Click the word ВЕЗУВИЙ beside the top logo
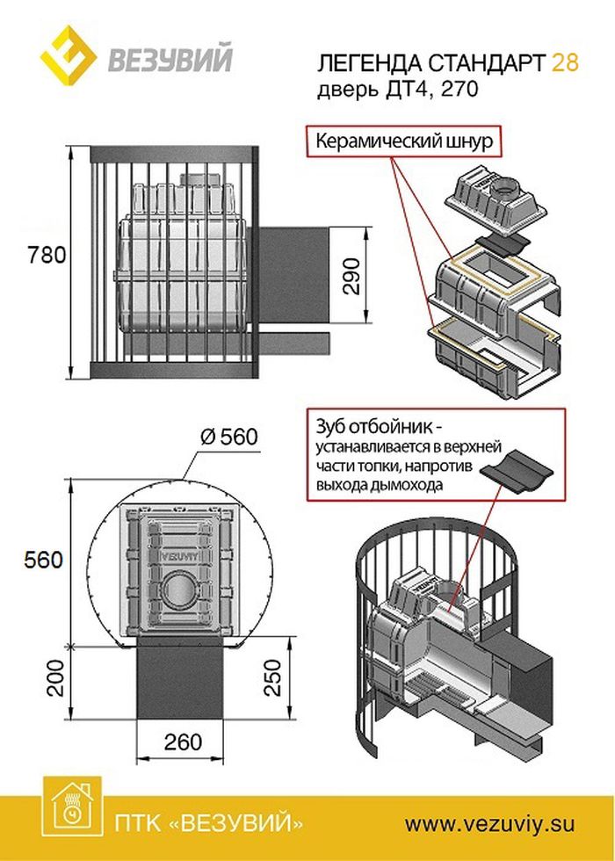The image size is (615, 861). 170,61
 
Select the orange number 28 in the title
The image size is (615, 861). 565,62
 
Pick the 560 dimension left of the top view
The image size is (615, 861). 42,561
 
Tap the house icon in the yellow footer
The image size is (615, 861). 70,809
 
